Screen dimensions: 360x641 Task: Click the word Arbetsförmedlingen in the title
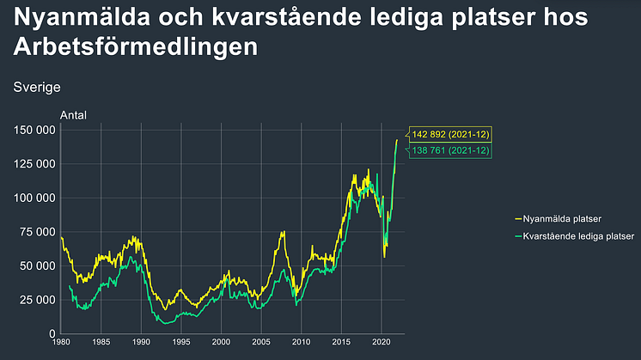click(x=136, y=47)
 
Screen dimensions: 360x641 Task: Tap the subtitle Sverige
click(x=37, y=87)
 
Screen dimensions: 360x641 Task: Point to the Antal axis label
click(x=73, y=116)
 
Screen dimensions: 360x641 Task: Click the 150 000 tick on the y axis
click(x=35, y=130)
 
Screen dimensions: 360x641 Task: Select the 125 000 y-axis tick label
click(x=35, y=164)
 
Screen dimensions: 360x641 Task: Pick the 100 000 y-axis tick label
click(x=35, y=198)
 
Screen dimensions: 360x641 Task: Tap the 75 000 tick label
click(x=39, y=232)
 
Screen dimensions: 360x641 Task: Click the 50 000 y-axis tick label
click(x=39, y=265)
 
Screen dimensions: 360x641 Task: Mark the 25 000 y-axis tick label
click(x=39, y=300)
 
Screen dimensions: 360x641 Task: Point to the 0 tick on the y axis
click(x=52, y=333)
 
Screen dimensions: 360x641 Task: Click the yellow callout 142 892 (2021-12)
click(x=450, y=135)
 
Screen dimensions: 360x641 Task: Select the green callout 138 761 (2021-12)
click(x=450, y=151)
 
